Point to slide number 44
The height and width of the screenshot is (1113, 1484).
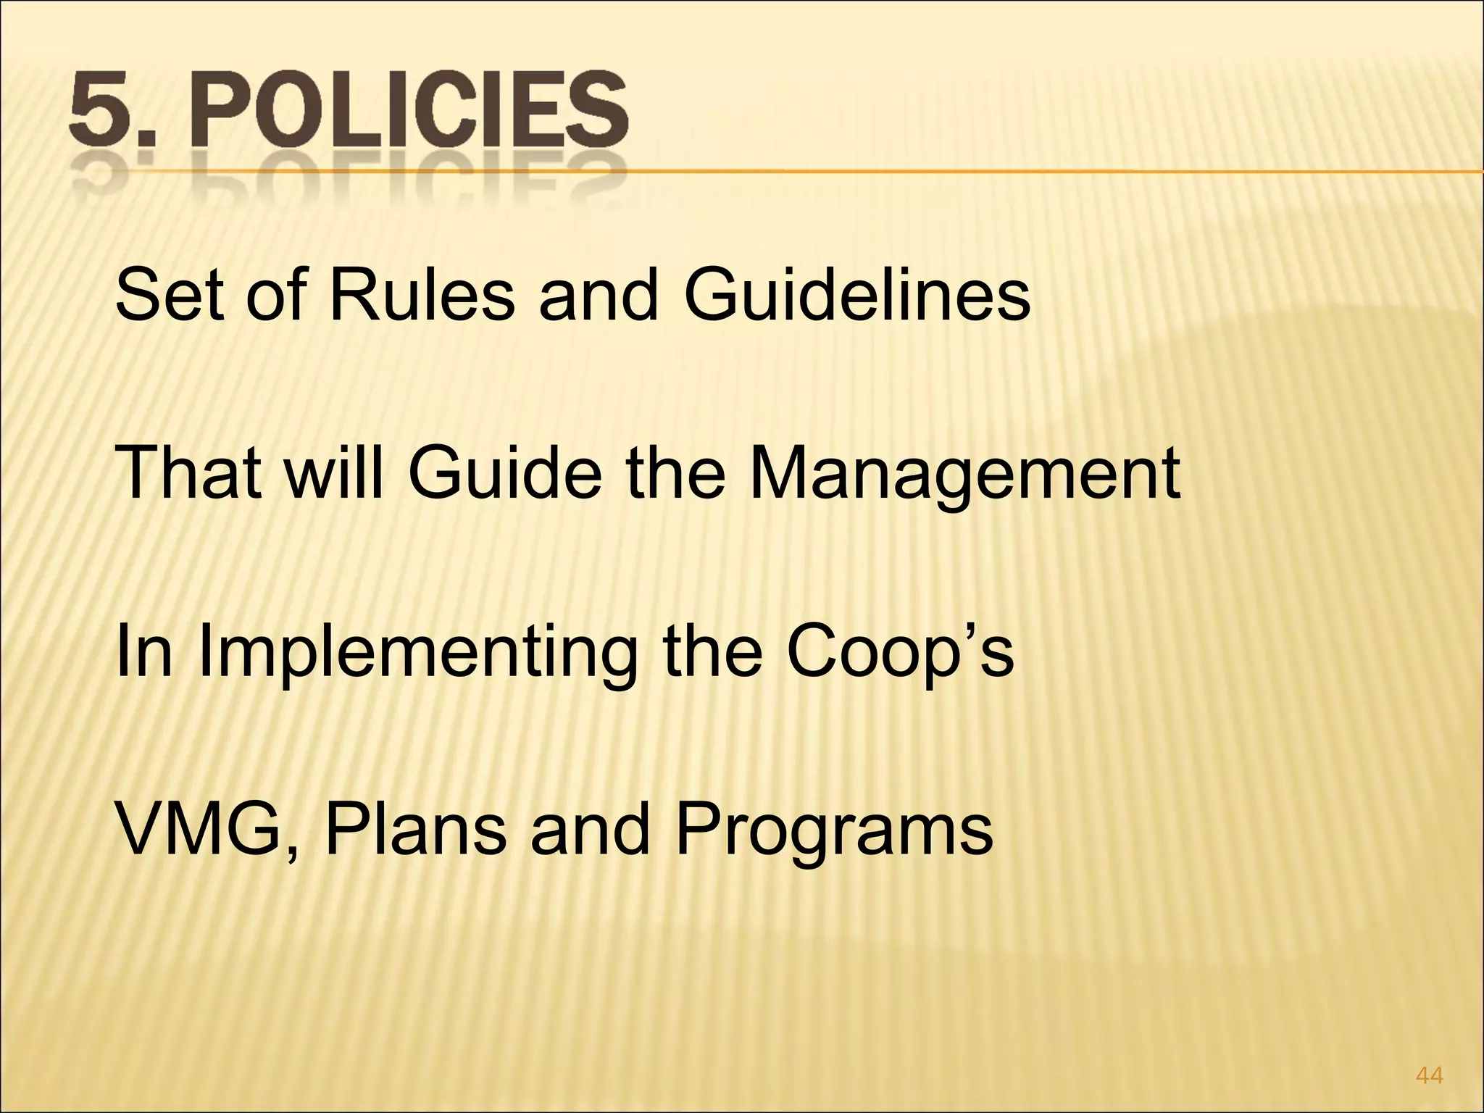tap(1429, 1076)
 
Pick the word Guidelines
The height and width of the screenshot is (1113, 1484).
tap(857, 297)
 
